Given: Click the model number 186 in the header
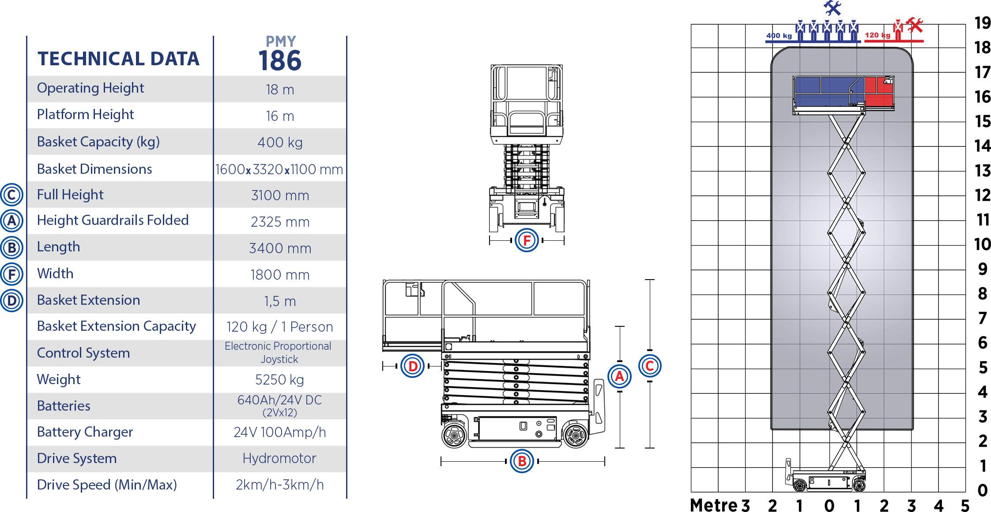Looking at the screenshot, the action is (x=280, y=60).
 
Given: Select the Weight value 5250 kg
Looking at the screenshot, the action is (x=279, y=380).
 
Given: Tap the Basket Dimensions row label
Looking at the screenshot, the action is (x=94, y=169).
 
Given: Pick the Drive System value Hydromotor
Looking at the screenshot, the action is (x=279, y=459).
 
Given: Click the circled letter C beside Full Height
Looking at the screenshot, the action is (x=11, y=195).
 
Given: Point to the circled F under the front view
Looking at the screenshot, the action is (x=527, y=240).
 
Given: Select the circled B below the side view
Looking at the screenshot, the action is (x=522, y=461).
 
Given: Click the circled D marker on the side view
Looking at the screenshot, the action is (x=413, y=366).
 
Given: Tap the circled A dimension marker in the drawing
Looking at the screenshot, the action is (x=619, y=376).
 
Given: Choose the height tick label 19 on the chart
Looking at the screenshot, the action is (x=983, y=23).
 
